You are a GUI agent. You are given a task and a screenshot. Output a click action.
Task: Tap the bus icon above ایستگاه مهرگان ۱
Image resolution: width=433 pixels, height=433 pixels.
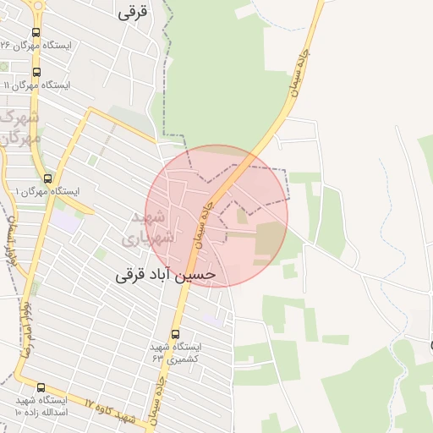point(47,178)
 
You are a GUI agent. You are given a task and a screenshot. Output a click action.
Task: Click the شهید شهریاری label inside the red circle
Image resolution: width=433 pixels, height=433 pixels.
point(155,227)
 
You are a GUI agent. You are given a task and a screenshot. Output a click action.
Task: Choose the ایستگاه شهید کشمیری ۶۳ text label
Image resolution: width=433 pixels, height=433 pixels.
point(176,353)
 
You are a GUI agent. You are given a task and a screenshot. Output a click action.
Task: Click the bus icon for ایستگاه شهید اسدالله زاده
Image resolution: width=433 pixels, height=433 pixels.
point(41,387)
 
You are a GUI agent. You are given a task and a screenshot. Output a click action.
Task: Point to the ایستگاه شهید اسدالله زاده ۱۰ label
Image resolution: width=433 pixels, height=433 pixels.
point(41,405)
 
